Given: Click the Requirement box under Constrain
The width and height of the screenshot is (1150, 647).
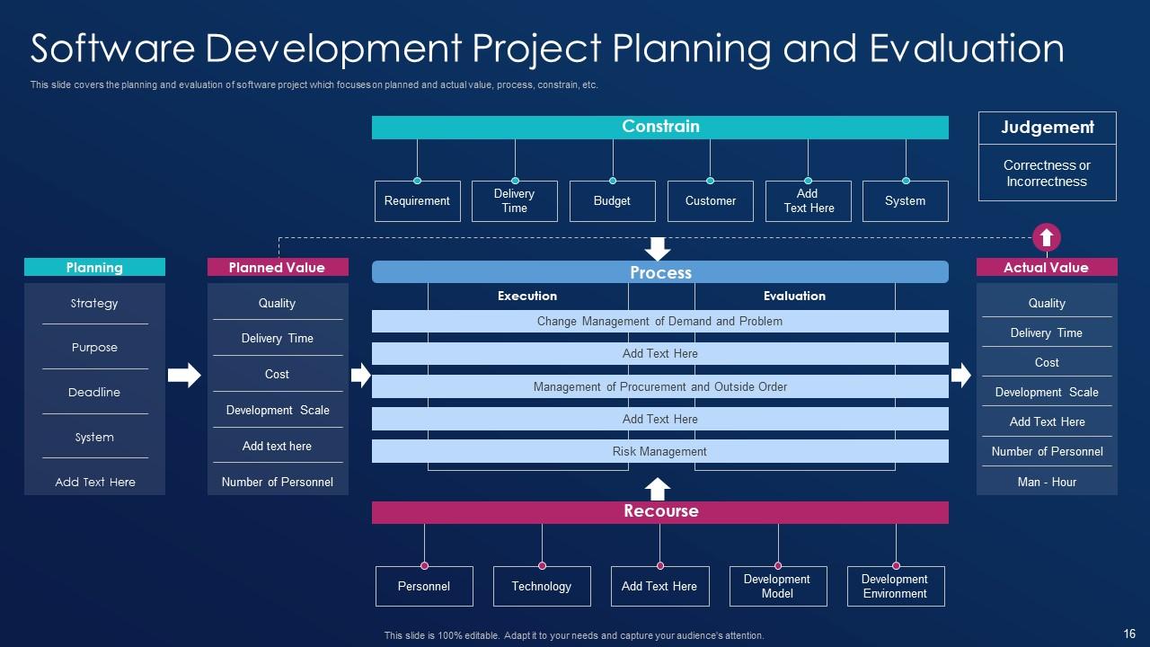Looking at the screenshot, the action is point(418,200).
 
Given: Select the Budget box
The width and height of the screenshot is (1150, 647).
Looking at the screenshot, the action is point(613,200).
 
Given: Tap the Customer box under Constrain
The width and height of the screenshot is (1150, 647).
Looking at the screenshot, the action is point(711,200).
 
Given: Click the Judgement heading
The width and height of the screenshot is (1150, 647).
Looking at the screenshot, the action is point(1048,128).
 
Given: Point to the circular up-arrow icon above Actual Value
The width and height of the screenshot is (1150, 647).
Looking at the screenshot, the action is point(1047,237).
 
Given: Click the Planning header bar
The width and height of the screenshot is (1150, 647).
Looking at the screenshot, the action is point(94,267).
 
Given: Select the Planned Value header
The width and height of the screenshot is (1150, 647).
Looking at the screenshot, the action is point(278,267).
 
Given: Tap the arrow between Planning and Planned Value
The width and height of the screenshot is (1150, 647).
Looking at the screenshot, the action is point(184,375).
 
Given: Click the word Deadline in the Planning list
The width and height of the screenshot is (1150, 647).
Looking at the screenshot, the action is point(94,393).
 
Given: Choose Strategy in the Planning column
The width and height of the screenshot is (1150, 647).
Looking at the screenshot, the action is point(94,304).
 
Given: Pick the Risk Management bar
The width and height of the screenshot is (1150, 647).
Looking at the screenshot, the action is point(660,451).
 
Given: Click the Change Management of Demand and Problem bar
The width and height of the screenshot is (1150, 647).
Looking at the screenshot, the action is point(660,321).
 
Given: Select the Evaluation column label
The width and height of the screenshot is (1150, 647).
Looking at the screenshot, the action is point(795,296).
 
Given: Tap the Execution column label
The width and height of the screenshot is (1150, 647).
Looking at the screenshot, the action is point(527,296).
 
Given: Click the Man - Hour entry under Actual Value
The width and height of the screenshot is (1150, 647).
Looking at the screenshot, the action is point(1047,483).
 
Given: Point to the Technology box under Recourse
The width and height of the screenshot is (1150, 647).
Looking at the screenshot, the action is point(542,587).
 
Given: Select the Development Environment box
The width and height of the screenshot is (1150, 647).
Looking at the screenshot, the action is point(896,587).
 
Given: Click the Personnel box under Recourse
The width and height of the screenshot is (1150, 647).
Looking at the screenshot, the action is point(424,587).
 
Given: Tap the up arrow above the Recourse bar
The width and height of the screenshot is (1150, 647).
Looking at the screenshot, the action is point(657,490).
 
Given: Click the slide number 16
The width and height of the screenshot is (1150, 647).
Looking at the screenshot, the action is point(1129,634).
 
